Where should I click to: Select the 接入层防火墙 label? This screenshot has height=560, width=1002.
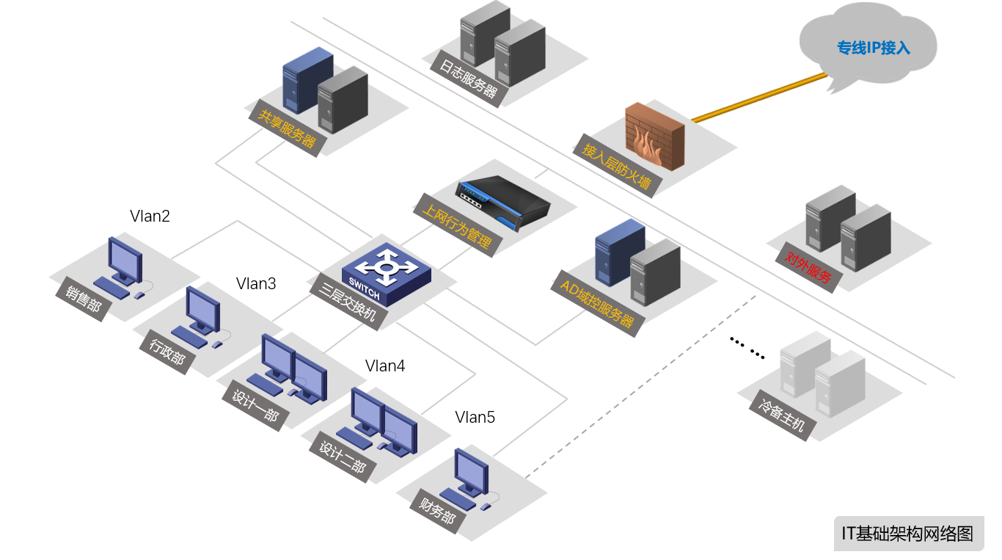616,164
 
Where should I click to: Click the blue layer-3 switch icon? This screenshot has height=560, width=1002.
386,272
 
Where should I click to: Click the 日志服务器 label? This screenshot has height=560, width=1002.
468,79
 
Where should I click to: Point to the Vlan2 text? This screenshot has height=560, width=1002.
150,217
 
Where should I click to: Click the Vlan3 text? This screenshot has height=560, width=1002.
256,284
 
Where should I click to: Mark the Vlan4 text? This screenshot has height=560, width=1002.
385,366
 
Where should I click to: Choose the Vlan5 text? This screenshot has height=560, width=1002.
475,418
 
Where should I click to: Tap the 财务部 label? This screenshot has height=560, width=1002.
438,510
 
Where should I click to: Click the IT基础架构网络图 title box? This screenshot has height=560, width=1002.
908,534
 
